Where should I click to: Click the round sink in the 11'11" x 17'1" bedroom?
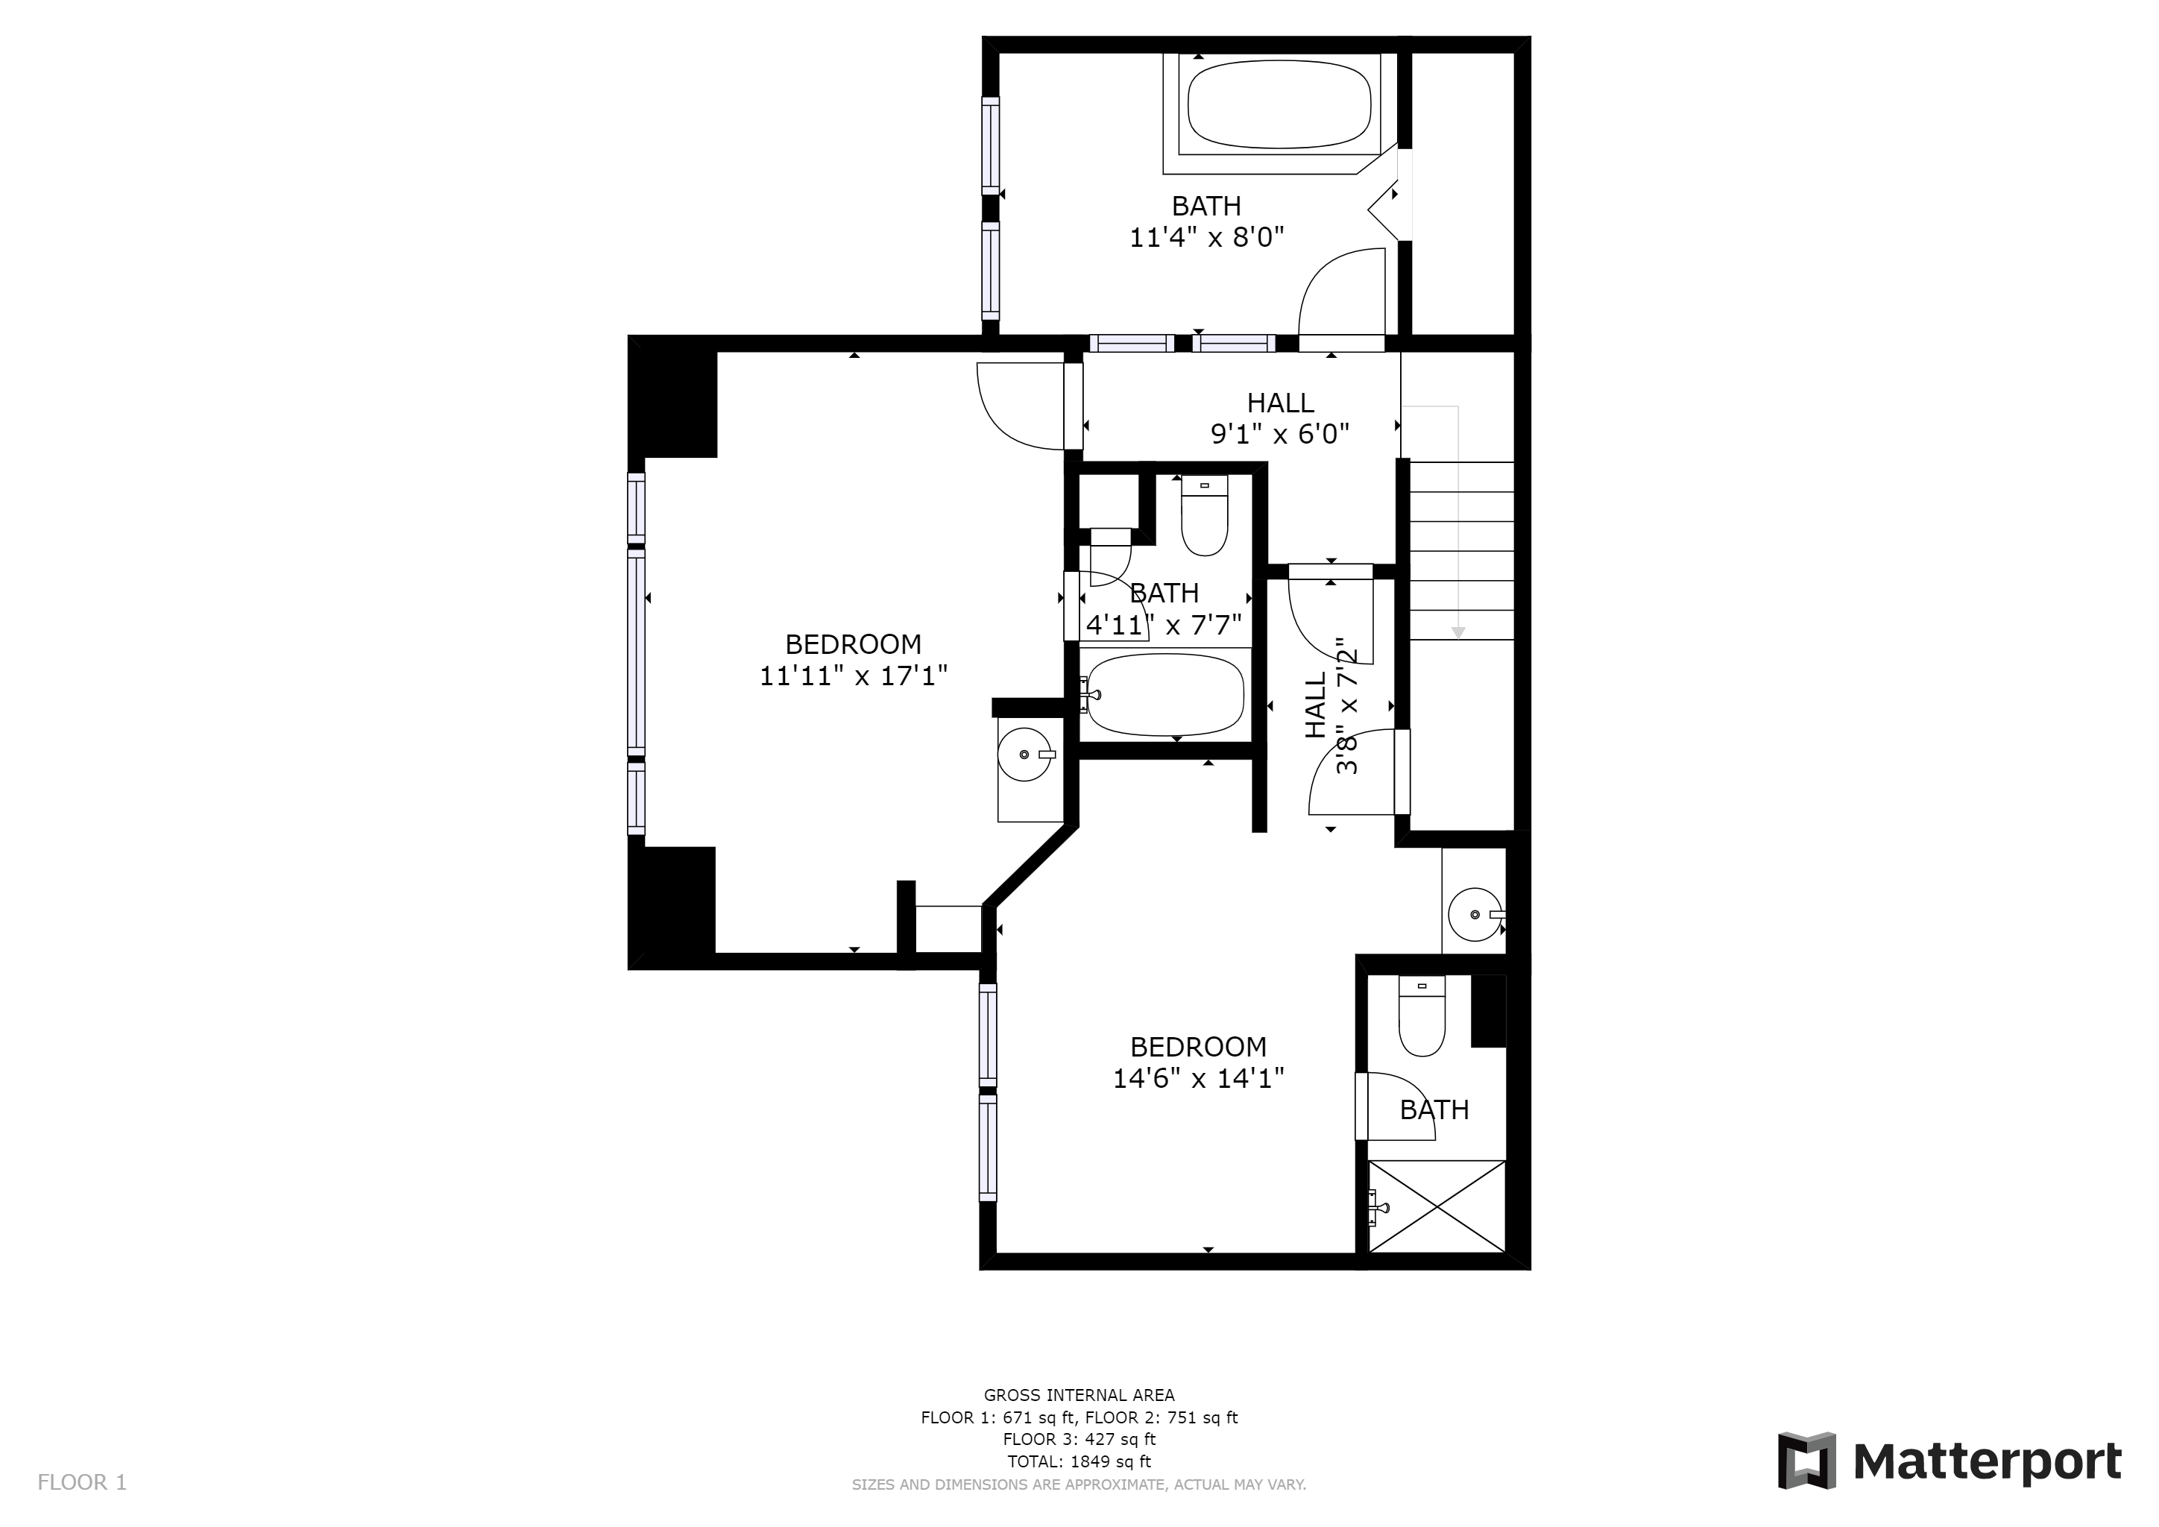(1024, 754)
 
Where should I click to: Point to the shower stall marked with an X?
(1437, 1206)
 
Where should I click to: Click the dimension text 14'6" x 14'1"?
(1199, 1078)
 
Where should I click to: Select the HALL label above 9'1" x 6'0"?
(1280, 403)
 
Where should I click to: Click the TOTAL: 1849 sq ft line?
(1079, 1461)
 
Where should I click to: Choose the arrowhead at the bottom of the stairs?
(1458, 633)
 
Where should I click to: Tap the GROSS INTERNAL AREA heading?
(1079, 1395)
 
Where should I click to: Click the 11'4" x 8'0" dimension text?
(1206, 237)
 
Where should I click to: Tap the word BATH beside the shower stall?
(1434, 1110)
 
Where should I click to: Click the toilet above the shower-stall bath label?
(1422, 1016)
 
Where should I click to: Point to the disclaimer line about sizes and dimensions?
(1079, 1485)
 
